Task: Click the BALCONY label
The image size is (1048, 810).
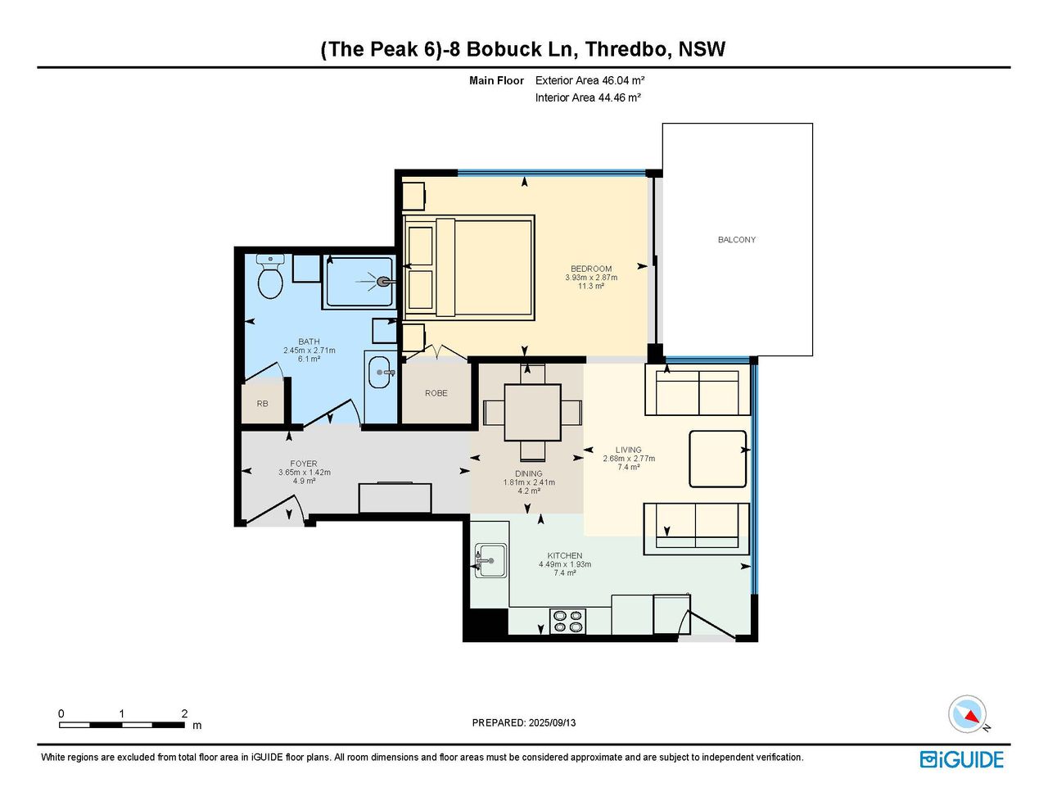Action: point(736,239)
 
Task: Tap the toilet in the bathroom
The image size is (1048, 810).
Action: point(270,277)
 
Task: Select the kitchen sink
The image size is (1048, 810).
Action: point(490,560)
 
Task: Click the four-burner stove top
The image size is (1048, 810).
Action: point(567,622)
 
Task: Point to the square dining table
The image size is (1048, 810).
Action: point(532,413)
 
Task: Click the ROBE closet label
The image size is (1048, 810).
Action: point(436,393)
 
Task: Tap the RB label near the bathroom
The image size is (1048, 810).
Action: point(262,403)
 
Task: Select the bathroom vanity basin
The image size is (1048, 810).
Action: point(380,373)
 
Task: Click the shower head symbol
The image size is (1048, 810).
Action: point(382,282)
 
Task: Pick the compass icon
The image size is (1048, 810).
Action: point(968,714)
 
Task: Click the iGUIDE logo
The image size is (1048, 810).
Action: point(962,759)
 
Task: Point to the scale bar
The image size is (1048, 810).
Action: point(121,725)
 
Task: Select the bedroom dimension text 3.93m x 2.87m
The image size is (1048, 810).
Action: point(591,278)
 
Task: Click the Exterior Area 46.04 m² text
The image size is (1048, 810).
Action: point(589,80)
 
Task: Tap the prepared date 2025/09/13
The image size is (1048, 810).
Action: point(552,722)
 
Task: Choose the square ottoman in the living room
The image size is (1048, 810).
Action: point(718,459)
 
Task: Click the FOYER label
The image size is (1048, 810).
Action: point(304,464)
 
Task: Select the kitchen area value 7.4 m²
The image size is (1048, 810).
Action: point(565,573)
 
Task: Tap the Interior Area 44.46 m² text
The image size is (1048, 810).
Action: point(588,97)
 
